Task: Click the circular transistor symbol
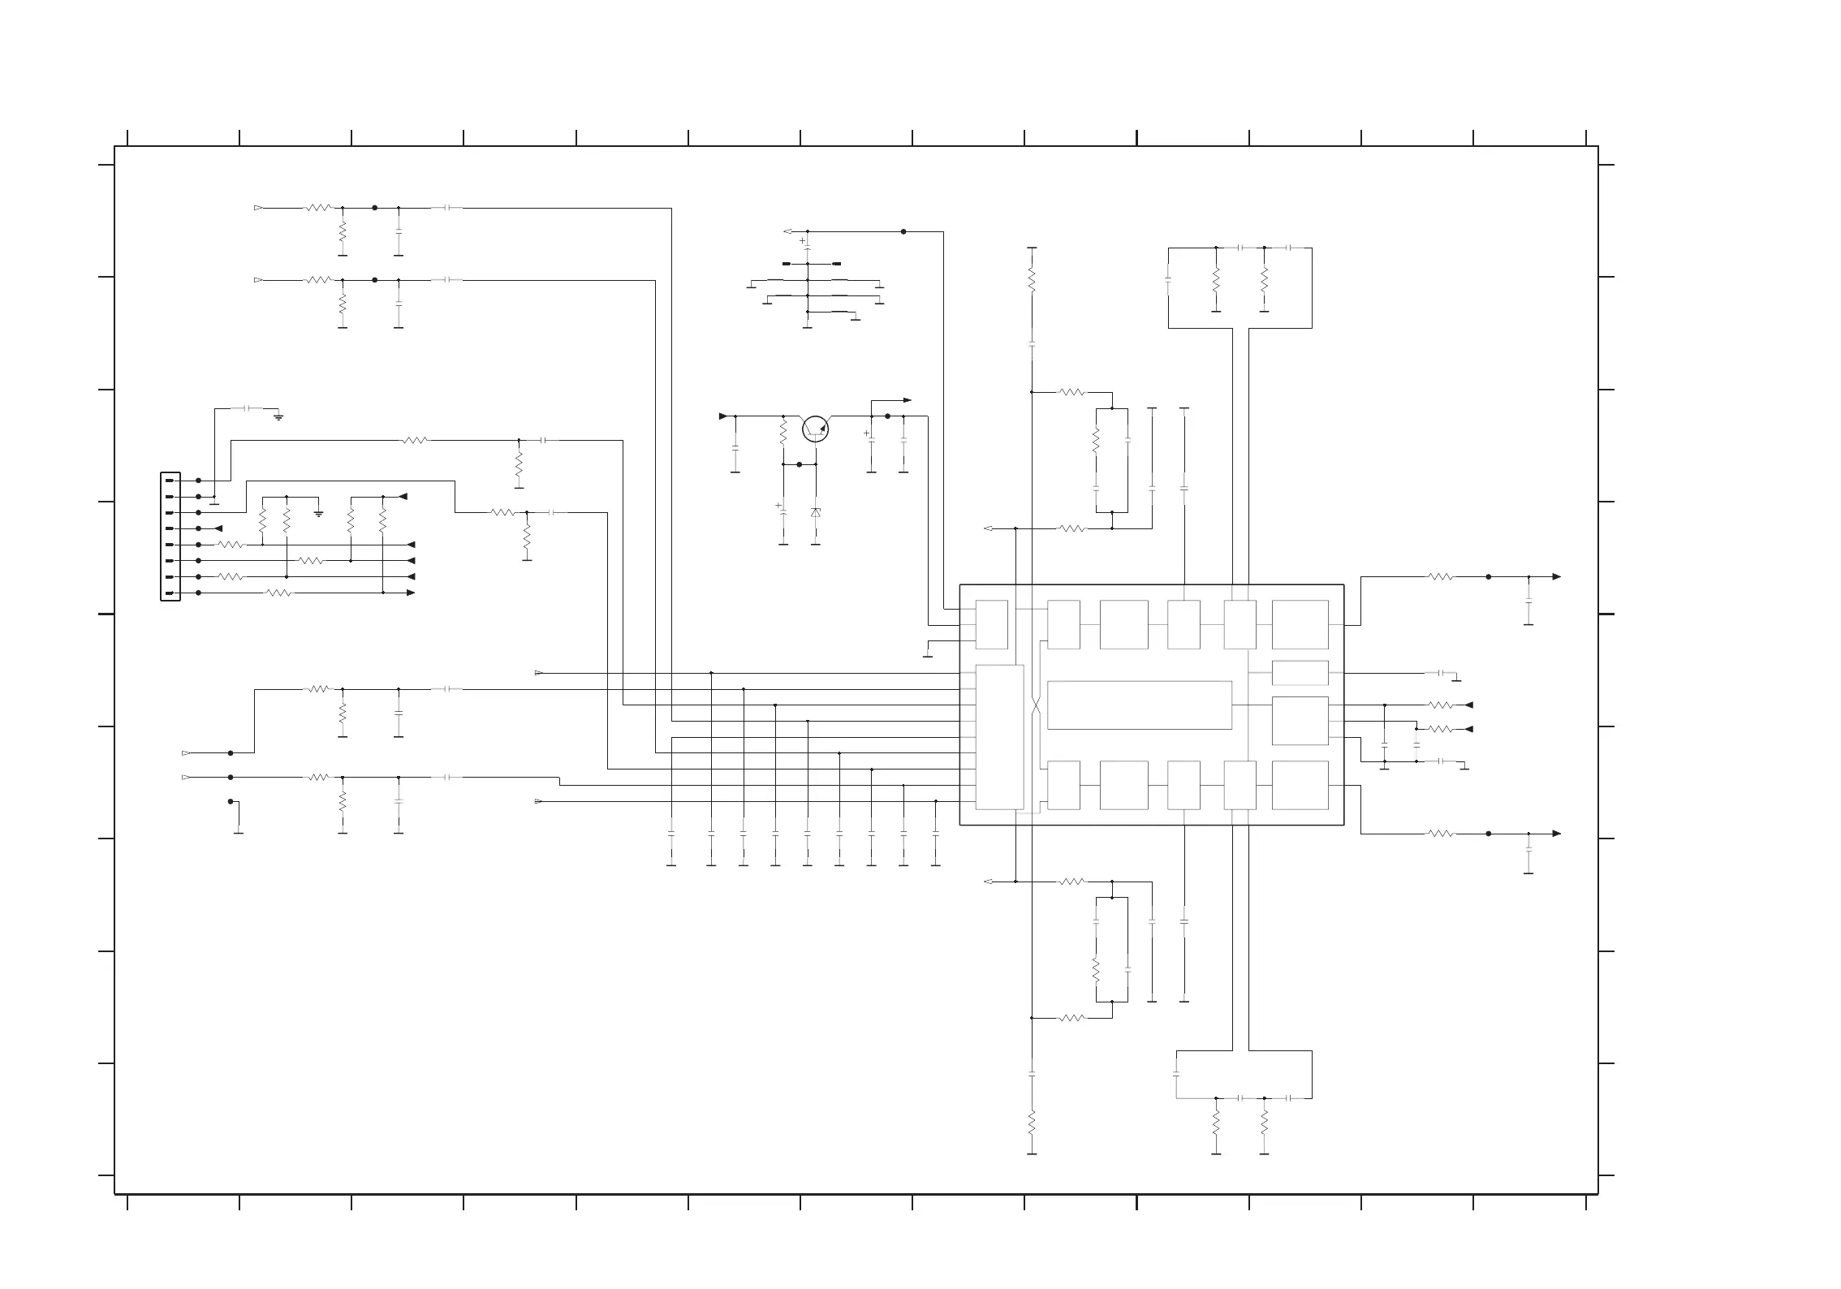[815, 429]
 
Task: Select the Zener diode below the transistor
[816, 513]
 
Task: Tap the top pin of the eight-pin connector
[170, 481]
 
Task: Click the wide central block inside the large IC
[1139, 705]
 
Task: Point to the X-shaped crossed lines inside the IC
[1036, 705]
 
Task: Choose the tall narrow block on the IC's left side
[999, 737]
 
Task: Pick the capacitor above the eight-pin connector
[249, 408]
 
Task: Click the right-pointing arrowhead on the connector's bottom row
[411, 593]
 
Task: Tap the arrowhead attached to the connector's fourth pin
[218, 528]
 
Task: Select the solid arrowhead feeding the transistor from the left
[723, 416]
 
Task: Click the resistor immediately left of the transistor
[783, 433]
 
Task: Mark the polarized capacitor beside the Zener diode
[783, 510]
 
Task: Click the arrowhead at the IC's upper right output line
[1556, 577]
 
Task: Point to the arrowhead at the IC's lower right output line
[1556, 834]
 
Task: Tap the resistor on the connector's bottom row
[278, 593]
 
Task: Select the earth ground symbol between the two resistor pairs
[318, 512]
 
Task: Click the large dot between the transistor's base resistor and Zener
[799, 464]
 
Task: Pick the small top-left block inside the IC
[991, 624]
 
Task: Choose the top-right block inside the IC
[1300, 624]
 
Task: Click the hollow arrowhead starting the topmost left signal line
[258, 208]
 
